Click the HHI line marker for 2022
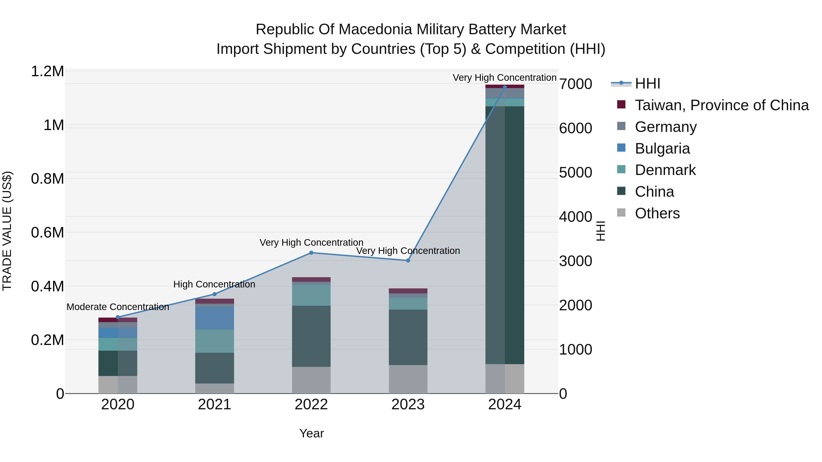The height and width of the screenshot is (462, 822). [x=311, y=253]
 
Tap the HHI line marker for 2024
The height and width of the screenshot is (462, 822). [x=504, y=87]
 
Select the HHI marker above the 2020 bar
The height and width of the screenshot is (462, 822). [x=118, y=317]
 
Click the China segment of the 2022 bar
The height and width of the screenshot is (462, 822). [x=311, y=336]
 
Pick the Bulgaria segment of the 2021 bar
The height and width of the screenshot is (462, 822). [x=214, y=318]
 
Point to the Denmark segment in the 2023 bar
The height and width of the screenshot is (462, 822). [x=408, y=303]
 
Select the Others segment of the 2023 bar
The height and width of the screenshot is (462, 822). [x=408, y=379]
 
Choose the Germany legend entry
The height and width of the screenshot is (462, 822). [x=665, y=127]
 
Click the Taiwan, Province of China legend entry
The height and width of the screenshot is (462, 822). [x=721, y=105]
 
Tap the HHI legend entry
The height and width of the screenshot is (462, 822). [x=647, y=84]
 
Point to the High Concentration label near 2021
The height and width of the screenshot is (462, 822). [x=214, y=284]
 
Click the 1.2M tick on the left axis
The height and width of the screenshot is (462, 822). [x=47, y=71]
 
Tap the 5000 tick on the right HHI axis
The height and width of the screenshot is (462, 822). [x=575, y=172]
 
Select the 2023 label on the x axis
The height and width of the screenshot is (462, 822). [x=408, y=405]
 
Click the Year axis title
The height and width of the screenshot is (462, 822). [x=311, y=433]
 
